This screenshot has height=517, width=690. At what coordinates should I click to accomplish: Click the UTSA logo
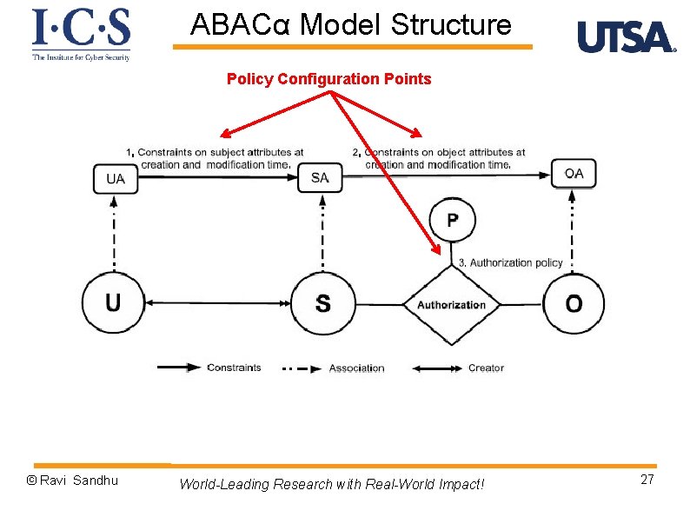tap(626, 37)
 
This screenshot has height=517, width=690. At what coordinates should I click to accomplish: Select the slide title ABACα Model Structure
tap(351, 24)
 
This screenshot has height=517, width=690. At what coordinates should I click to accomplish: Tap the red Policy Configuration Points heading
tap(328, 79)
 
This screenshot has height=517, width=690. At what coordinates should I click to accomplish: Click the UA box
tap(115, 179)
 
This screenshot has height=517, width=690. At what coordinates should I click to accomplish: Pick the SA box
tap(320, 178)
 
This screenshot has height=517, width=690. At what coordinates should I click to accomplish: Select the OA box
tap(574, 174)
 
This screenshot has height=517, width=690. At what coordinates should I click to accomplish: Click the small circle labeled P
tap(452, 221)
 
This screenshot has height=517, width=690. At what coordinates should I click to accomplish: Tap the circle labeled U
tap(113, 302)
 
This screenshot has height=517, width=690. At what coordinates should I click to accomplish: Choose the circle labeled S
tap(322, 303)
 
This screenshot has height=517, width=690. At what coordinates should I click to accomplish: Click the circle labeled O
tap(574, 303)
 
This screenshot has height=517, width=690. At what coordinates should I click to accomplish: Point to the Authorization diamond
tap(451, 304)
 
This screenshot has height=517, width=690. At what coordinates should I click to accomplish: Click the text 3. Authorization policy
tap(510, 262)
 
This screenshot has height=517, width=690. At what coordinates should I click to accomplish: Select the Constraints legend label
tap(234, 368)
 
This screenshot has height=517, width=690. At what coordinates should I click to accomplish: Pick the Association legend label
tap(356, 368)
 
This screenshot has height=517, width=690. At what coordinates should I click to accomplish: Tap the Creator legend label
tap(486, 368)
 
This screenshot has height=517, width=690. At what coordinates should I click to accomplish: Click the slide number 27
tap(647, 481)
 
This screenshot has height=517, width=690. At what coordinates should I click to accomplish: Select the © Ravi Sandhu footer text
tap(73, 481)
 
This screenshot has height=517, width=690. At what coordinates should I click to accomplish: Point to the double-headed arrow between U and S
tap(217, 303)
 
